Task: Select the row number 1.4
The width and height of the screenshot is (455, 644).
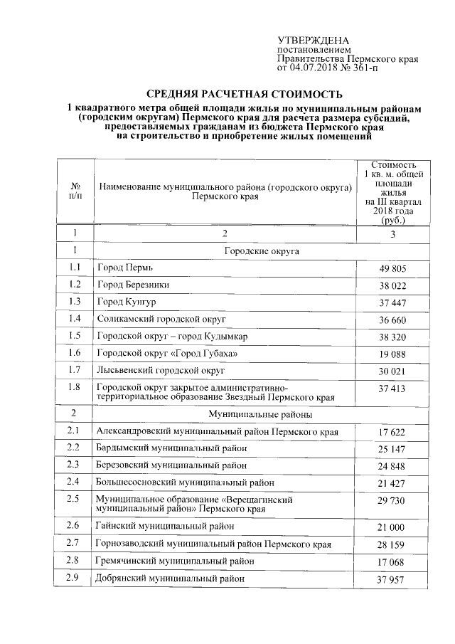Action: pyautogui.click(x=74, y=318)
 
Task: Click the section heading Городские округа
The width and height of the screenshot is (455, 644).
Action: pyautogui.click(x=261, y=251)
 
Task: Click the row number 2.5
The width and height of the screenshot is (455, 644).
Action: pyautogui.click(x=74, y=500)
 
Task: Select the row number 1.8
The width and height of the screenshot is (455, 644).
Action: pyautogui.click(x=74, y=387)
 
